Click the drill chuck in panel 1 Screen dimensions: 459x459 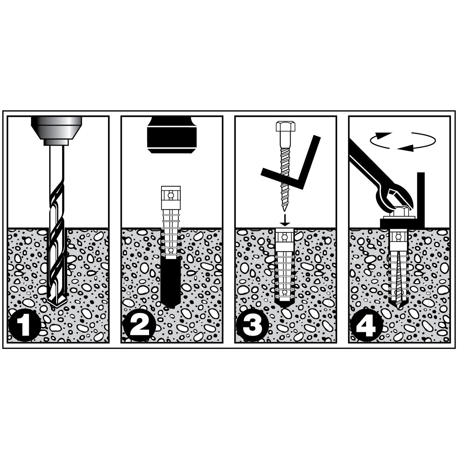click(57, 127)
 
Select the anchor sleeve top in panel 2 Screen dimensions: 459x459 click(171, 195)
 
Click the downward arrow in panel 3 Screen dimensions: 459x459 click(285, 219)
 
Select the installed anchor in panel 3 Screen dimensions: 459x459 click(285, 266)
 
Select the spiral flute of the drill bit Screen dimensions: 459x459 click(57, 228)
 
